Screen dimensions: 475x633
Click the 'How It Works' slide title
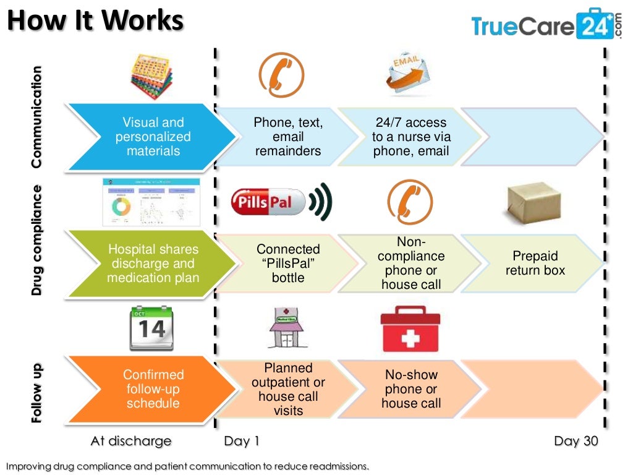(96, 22)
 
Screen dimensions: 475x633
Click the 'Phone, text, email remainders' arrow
(288, 137)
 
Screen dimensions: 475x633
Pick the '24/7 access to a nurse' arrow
(410, 137)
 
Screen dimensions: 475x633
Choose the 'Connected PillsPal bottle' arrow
(288, 263)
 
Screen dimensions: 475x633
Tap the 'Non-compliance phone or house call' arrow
(410, 263)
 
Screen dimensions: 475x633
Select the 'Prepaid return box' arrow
(535, 263)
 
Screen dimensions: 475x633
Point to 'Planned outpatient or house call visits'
(288, 389)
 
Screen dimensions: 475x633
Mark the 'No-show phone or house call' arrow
(410, 389)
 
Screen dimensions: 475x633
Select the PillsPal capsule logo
(270, 202)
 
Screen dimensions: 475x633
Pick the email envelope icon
(410, 74)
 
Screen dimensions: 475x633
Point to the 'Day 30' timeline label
(576, 441)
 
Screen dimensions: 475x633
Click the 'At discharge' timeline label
(130, 441)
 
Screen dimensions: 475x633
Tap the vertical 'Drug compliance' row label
(37, 239)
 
